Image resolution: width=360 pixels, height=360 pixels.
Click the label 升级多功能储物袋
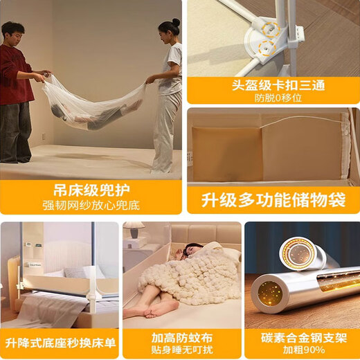[x=273, y=200]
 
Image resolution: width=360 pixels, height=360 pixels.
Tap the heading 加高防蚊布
[x=182, y=338]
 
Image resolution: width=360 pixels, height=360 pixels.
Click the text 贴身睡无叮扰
[x=182, y=350]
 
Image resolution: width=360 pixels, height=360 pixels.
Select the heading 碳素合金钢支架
[x=302, y=338]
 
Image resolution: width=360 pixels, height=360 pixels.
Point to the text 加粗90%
[x=302, y=350]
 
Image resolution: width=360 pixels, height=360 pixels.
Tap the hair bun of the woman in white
[x=176, y=22]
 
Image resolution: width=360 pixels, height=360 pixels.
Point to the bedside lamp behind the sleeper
[x=134, y=231]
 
